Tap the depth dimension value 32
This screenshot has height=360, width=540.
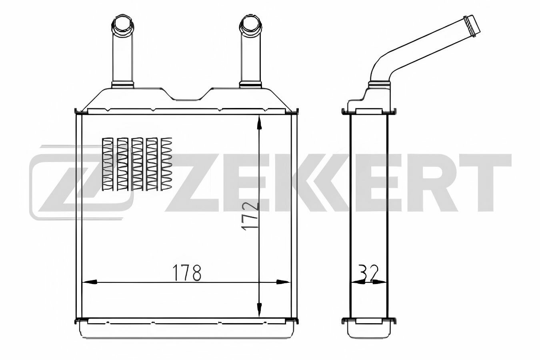(x=368, y=272)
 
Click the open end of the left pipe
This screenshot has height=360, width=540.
(x=122, y=24)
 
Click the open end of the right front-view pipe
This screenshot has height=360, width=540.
(x=250, y=24)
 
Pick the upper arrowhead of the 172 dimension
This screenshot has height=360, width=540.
(x=259, y=123)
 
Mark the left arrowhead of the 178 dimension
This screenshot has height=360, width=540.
(x=90, y=282)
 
